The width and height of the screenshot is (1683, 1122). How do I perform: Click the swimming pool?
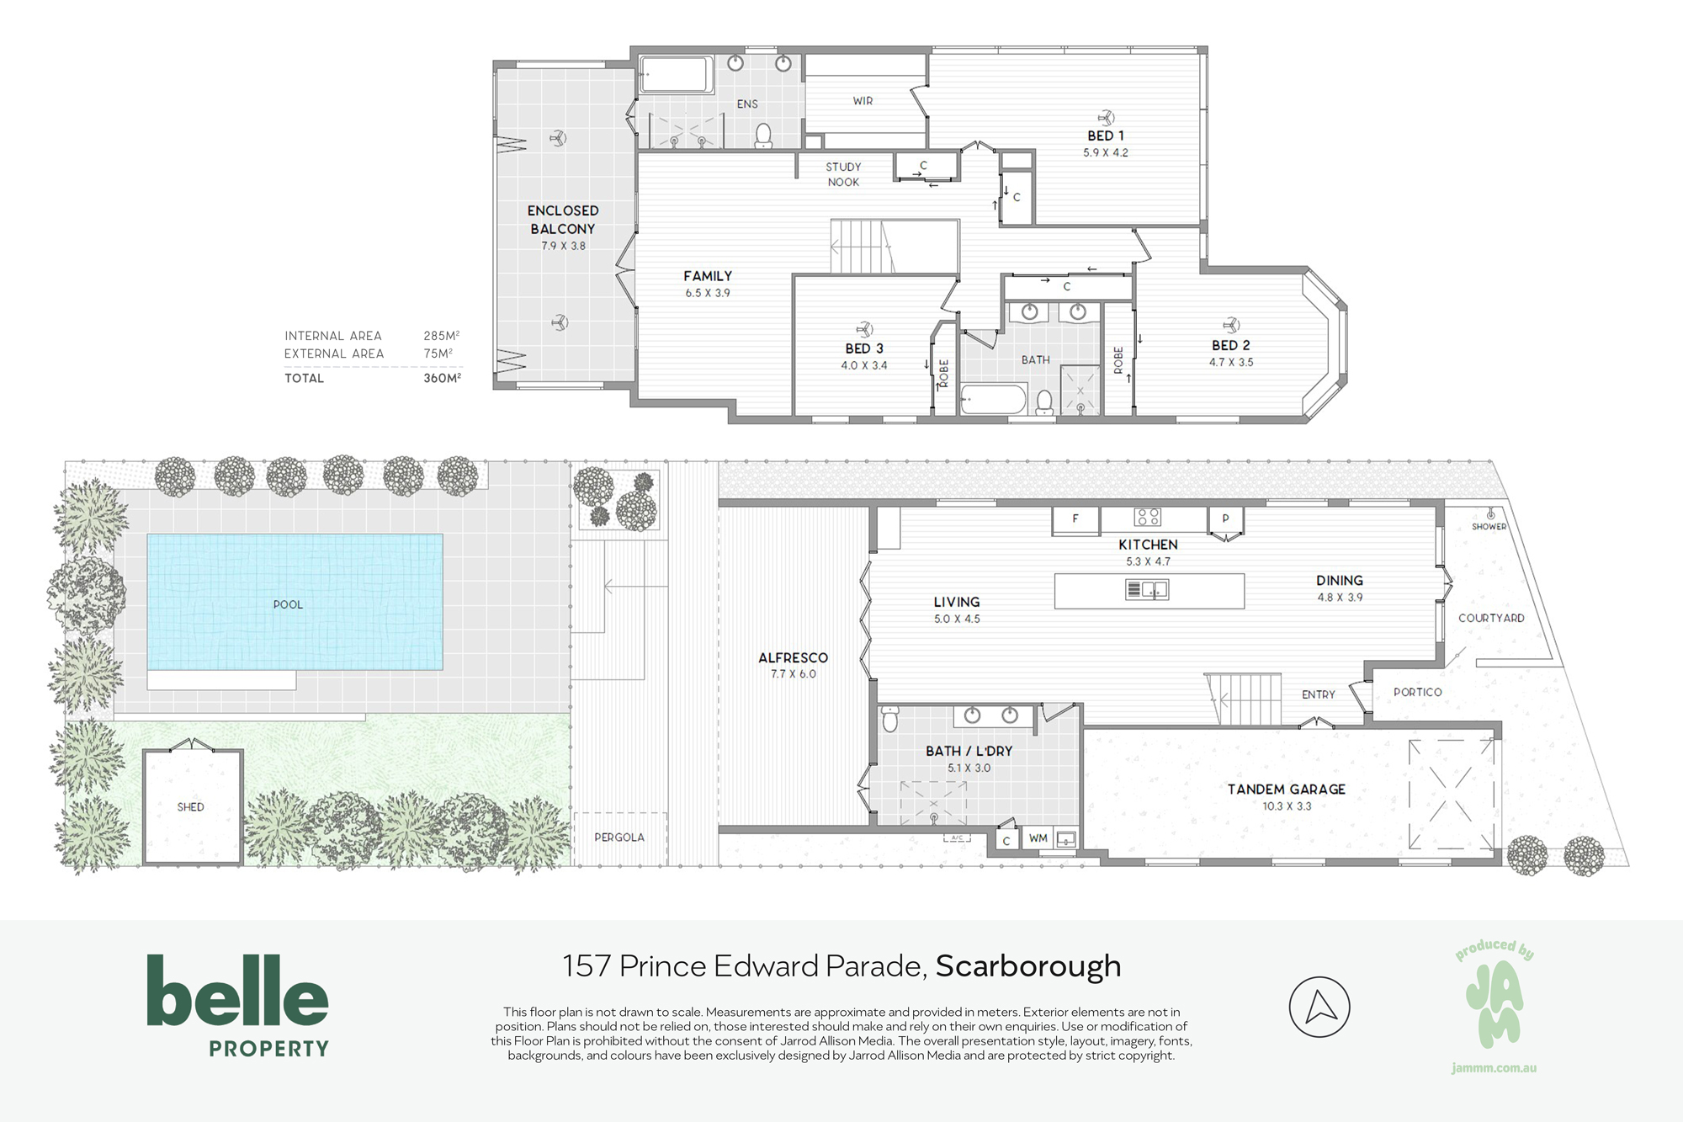tap(295, 602)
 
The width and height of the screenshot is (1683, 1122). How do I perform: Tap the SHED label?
tap(191, 806)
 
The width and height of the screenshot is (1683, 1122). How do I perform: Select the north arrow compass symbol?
tap(1319, 1007)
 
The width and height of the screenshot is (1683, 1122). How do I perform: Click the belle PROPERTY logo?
tap(238, 1005)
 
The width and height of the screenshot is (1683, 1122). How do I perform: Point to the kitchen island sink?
tap(1147, 589)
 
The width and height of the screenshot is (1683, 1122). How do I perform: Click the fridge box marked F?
tap(1075, 519)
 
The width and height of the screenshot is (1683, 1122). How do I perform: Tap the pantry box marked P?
tap(1225, 519)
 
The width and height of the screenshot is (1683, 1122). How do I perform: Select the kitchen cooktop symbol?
tap(1148, 517)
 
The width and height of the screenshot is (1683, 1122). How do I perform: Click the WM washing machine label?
tap(1038, 838)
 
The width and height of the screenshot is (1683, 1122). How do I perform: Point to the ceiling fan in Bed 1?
tap(1106, 118)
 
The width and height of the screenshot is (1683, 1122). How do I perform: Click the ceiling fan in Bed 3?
tap(863, 329)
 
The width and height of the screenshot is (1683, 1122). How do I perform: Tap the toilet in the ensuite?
tap(763, 135)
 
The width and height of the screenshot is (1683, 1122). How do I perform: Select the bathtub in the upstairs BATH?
tap(994, 399)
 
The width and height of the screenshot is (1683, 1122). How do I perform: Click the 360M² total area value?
tap(442, 379)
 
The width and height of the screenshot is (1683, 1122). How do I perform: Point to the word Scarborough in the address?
tap(1028, 966)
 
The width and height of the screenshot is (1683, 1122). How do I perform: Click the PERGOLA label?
tap(619, 838)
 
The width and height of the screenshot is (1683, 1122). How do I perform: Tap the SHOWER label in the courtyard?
tap(1489, 527)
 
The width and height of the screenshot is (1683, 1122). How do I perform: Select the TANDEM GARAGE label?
tap(1287, 790)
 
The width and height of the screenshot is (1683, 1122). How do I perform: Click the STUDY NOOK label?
tap(843, 174)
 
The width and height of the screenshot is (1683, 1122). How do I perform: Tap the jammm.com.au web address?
tap(1494, 1068)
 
